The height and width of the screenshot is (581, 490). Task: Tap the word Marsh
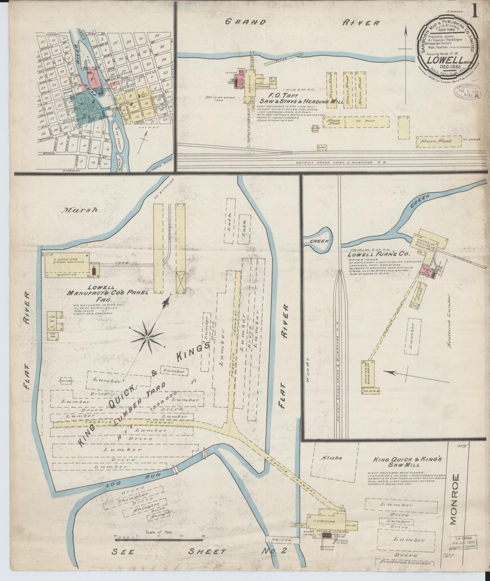point(80,210)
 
